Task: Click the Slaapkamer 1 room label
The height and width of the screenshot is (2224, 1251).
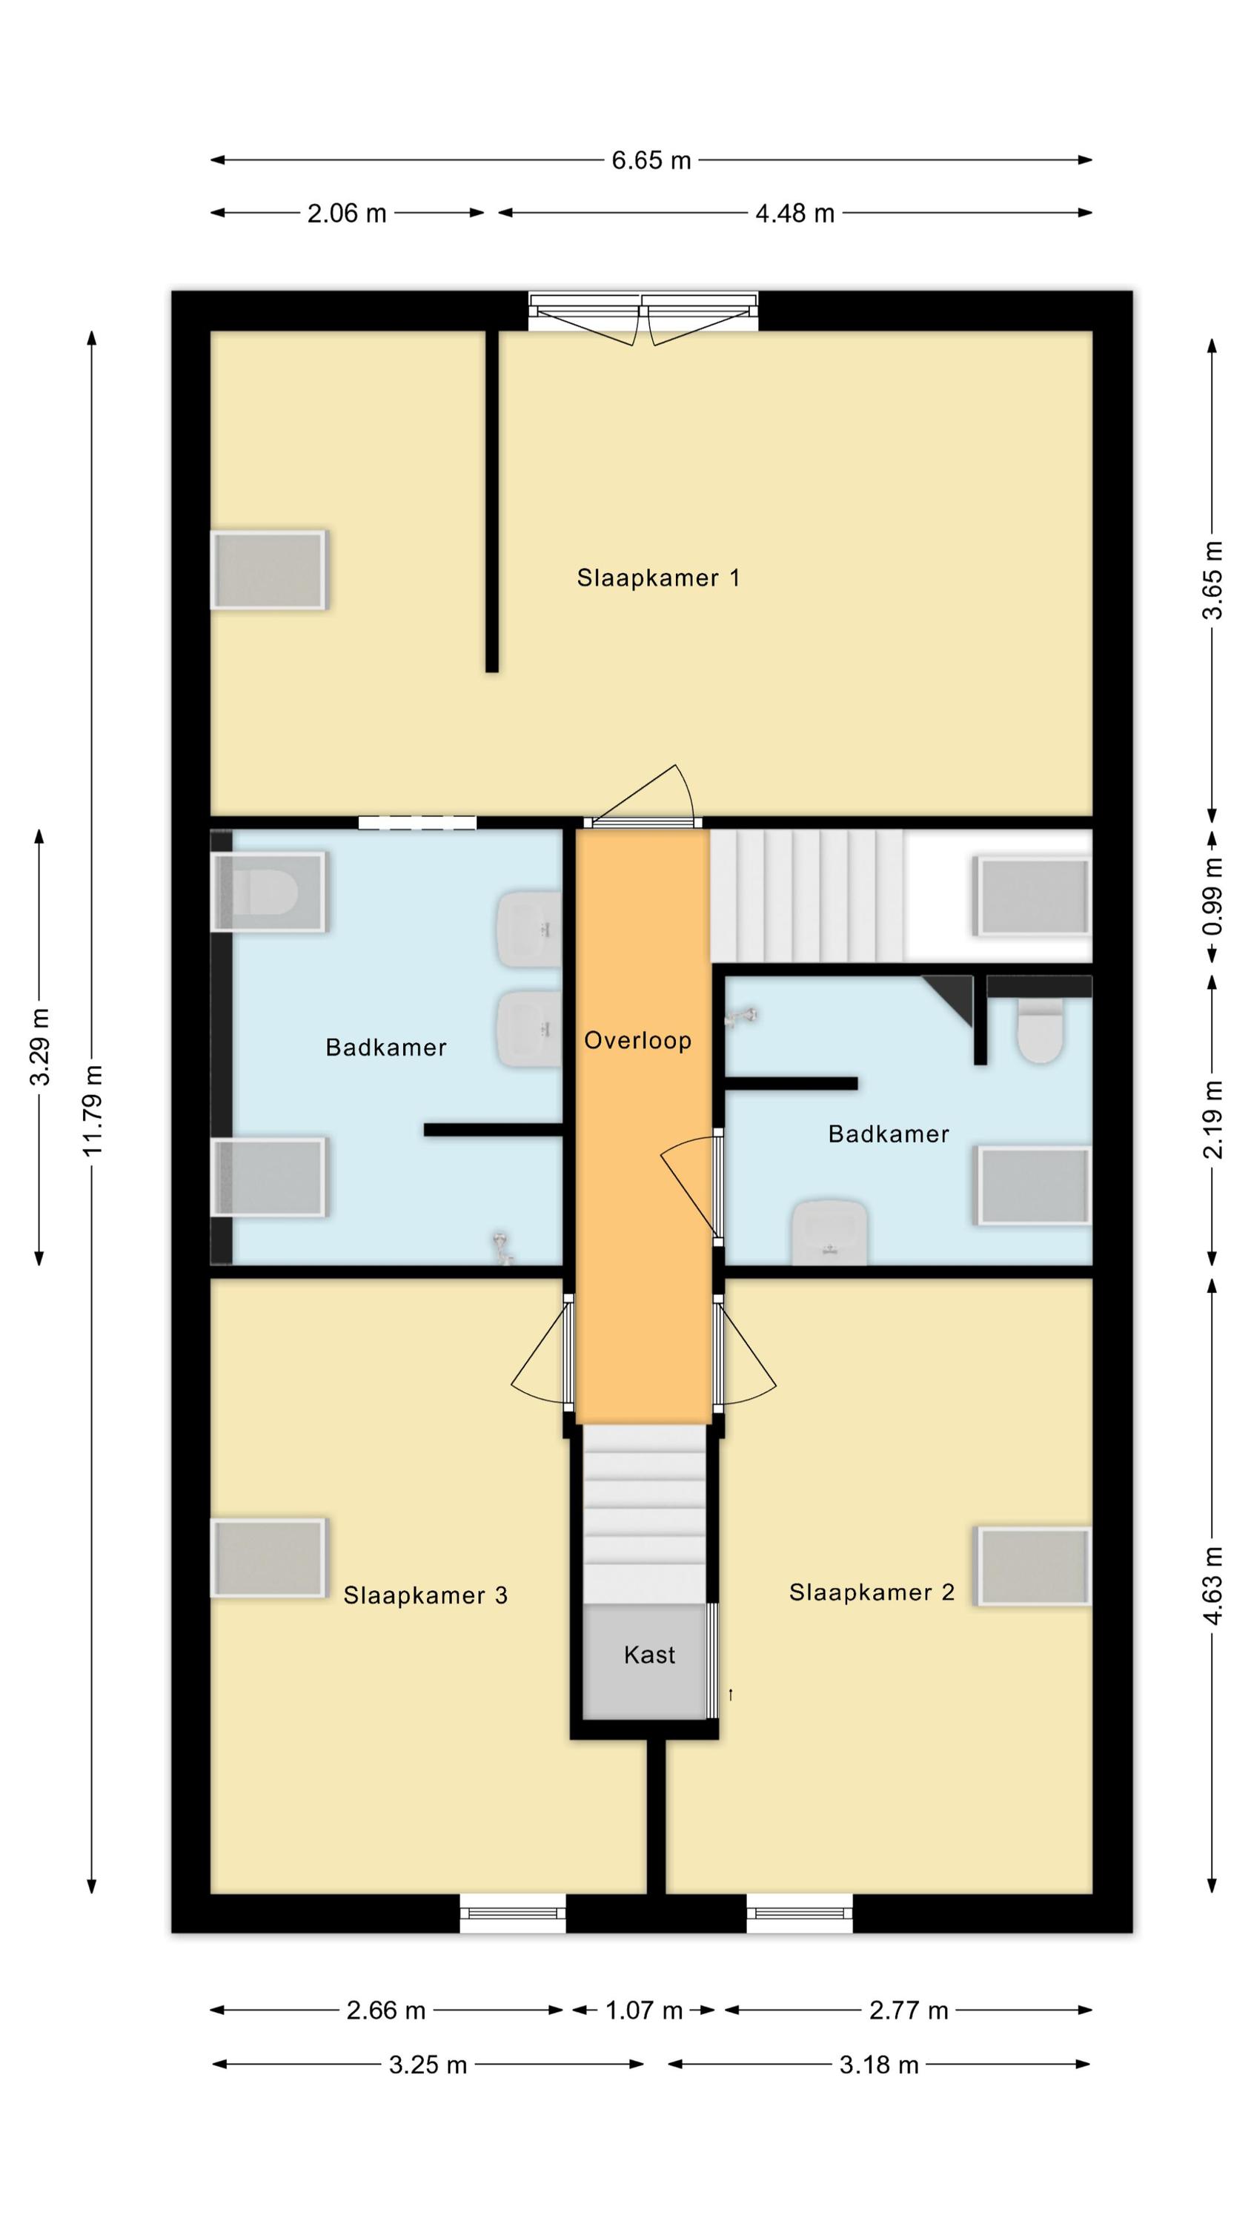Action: [658, 577]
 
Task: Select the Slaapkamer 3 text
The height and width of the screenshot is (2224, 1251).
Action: [425, 1595]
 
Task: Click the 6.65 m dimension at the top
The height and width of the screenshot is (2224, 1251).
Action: [651, 161]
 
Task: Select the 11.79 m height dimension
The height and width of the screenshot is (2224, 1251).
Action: [93, 1111]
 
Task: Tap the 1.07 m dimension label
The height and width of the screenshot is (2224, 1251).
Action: [643, 2010]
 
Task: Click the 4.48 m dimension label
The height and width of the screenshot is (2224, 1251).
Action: [794, 214]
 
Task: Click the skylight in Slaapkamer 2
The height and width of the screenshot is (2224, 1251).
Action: [1032, 1567]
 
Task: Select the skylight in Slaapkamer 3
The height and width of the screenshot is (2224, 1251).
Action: [268, 1558]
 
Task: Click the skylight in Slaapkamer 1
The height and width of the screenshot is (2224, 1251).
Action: [268, 570]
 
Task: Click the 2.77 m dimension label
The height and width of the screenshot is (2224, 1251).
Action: [909, 2010]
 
